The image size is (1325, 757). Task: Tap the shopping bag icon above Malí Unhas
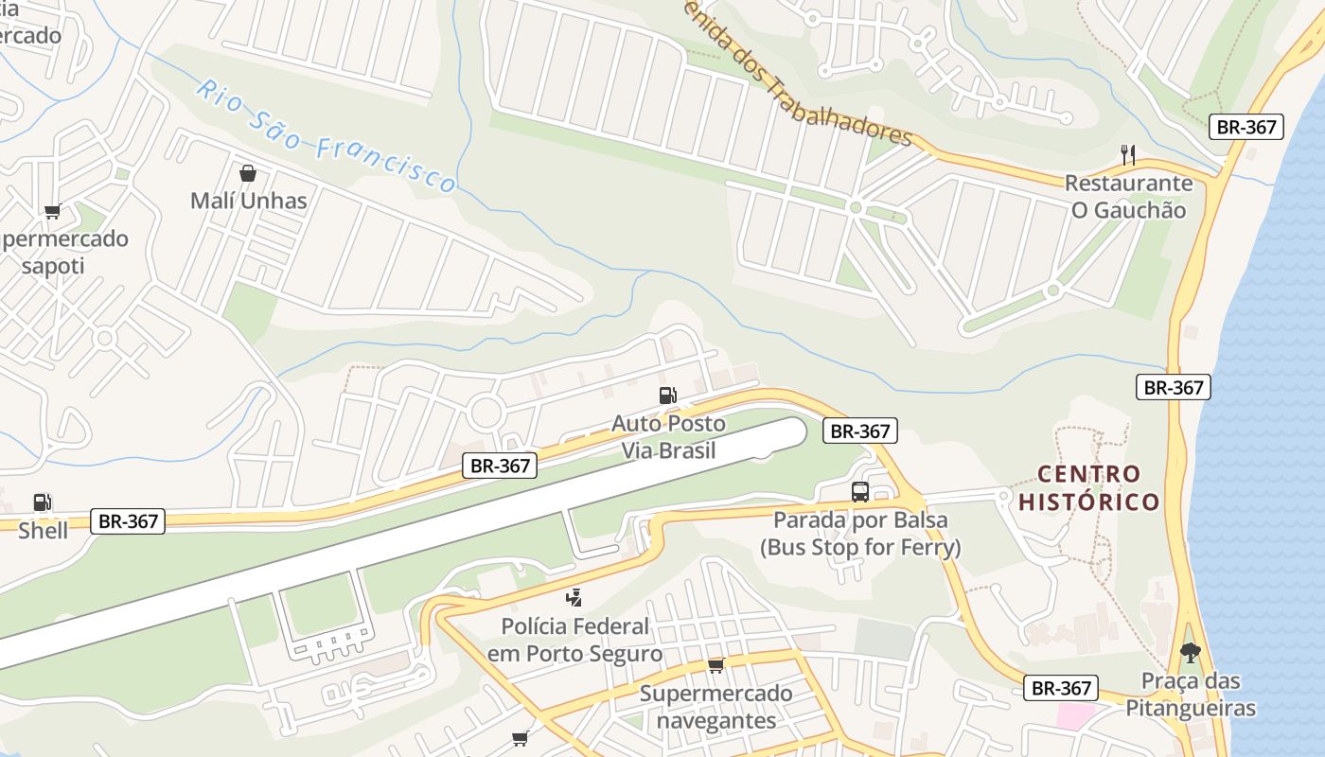(248, 173)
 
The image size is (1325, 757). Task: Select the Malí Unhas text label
(248, 201)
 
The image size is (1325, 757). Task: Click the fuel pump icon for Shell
(43, 502)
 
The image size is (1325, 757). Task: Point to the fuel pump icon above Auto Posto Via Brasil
(668, 395)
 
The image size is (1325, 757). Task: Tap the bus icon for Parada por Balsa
(859, 492)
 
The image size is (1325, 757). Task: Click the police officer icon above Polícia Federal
(574, 597)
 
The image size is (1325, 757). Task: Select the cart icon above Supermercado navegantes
(715, 665)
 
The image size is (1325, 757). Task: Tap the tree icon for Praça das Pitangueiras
(1190, 652)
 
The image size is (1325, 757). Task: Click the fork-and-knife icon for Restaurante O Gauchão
(1127, 155)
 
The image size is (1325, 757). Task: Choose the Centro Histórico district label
(1088, 487)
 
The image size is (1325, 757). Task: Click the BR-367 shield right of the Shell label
(128, 520)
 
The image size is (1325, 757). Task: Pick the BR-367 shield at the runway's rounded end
(858, 431)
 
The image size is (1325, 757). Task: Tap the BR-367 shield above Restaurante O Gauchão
(1245, 127)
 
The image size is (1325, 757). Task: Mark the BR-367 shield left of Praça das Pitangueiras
(1061, 688)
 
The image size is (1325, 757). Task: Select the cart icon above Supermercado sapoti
(52, 211)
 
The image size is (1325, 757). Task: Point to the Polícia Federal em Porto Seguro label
(574, 640)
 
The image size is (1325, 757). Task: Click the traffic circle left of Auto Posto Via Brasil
(486, 412)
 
